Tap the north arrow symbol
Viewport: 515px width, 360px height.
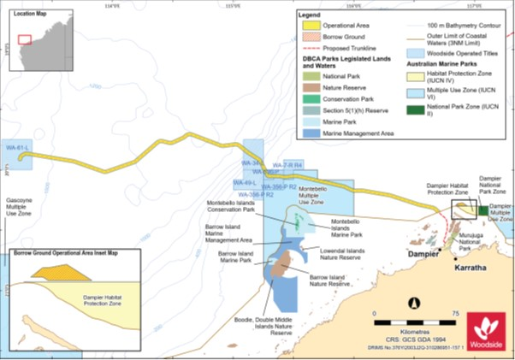(413, 302)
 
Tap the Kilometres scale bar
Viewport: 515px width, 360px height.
(412, 317)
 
